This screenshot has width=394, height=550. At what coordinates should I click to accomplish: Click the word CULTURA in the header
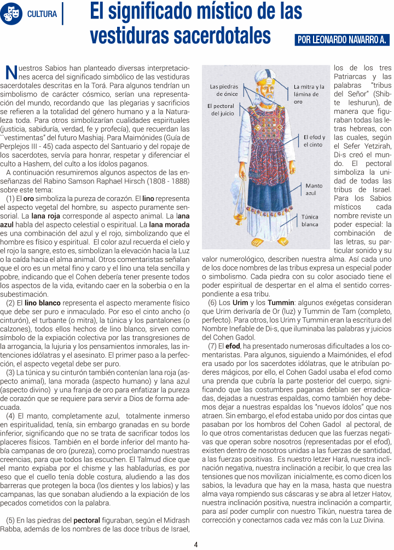[42, 14]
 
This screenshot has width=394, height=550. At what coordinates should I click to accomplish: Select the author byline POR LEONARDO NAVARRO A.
[341, 40]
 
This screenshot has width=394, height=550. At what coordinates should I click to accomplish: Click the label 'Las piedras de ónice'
[224, 90]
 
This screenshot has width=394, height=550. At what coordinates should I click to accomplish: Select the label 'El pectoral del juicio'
[221, 109]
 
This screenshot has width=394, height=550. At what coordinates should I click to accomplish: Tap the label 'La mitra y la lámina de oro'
[309, 94]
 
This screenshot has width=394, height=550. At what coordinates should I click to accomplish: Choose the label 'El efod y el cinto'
[314, 141]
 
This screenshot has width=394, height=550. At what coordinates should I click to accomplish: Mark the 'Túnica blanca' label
[310, 221]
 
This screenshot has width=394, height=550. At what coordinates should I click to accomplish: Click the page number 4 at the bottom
[196, 545]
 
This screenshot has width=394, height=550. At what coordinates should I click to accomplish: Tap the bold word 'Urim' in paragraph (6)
[240, 303]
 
